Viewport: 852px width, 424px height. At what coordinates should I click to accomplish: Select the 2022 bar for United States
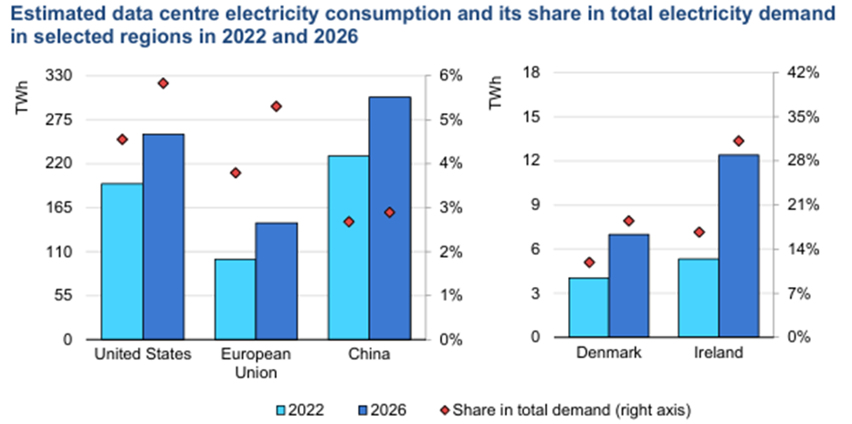[x=121, y=260]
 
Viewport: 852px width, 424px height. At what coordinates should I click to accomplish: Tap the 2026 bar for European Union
[x=277, y=281]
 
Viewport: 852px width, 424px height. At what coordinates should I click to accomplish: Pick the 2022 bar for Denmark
[x=588, y=307]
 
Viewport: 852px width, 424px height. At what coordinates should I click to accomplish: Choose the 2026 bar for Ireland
[x=739, y=246]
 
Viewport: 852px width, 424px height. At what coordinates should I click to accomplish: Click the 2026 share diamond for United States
[x=163, y=83]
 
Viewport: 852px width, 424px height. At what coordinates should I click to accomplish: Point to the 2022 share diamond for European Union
[x=236, y=173]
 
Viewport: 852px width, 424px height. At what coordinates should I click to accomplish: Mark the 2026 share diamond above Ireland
[x=739, y=141]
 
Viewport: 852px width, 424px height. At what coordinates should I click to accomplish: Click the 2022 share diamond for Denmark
[x=589, y=262]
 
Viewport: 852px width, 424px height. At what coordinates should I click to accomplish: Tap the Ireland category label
[x=719, y=353]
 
